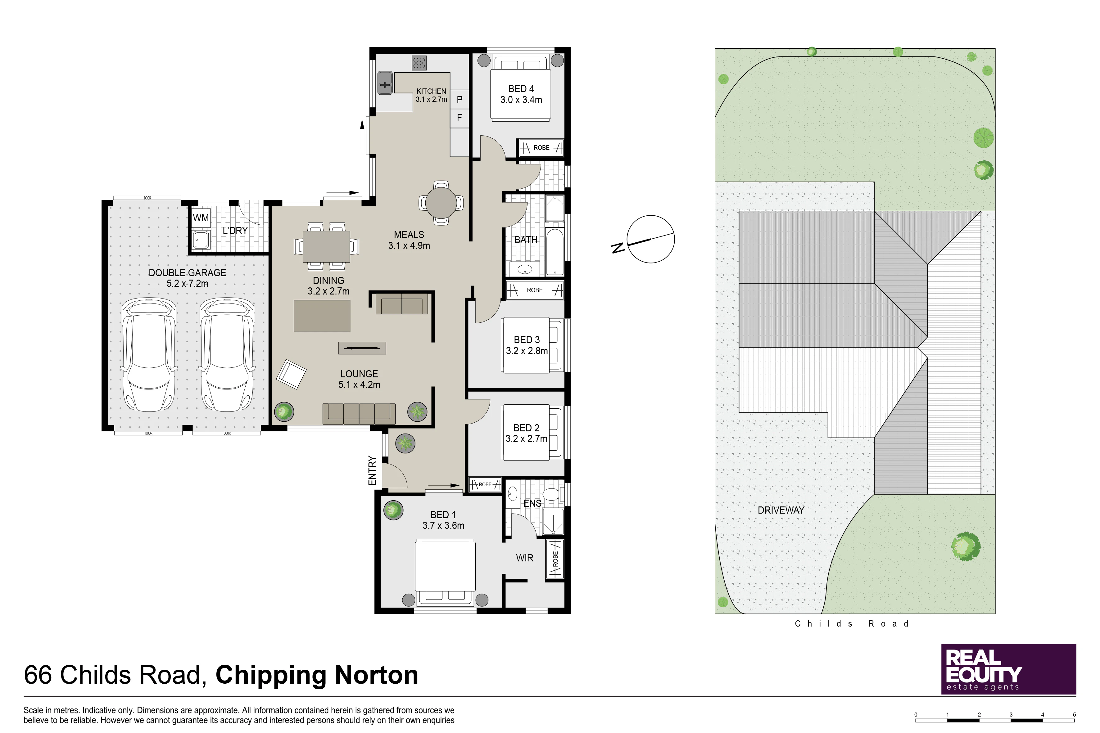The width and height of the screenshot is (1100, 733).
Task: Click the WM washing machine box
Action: [x=201, y=218]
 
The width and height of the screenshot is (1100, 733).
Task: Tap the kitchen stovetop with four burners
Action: [x=419, y=63]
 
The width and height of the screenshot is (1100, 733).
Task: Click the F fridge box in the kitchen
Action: [x=460, y=118]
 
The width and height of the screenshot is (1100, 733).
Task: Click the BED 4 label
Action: [x=521, y=89]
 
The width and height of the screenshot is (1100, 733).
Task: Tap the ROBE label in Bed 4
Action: [x=541, y=148]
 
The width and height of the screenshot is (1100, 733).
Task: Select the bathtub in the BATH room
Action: [x=555, y=252]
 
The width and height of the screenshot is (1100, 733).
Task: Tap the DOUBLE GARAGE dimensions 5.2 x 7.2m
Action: [x=188, y=283]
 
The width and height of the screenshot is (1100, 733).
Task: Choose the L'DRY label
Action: [x=235, y=231]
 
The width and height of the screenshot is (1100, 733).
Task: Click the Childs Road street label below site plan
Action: [x=852, y=624]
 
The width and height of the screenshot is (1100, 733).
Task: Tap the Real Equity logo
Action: [x=1008, y=669]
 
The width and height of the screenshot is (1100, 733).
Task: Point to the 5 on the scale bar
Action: [x=1074, y=714]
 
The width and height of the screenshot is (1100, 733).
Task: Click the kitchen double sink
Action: [x=385, y=83]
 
